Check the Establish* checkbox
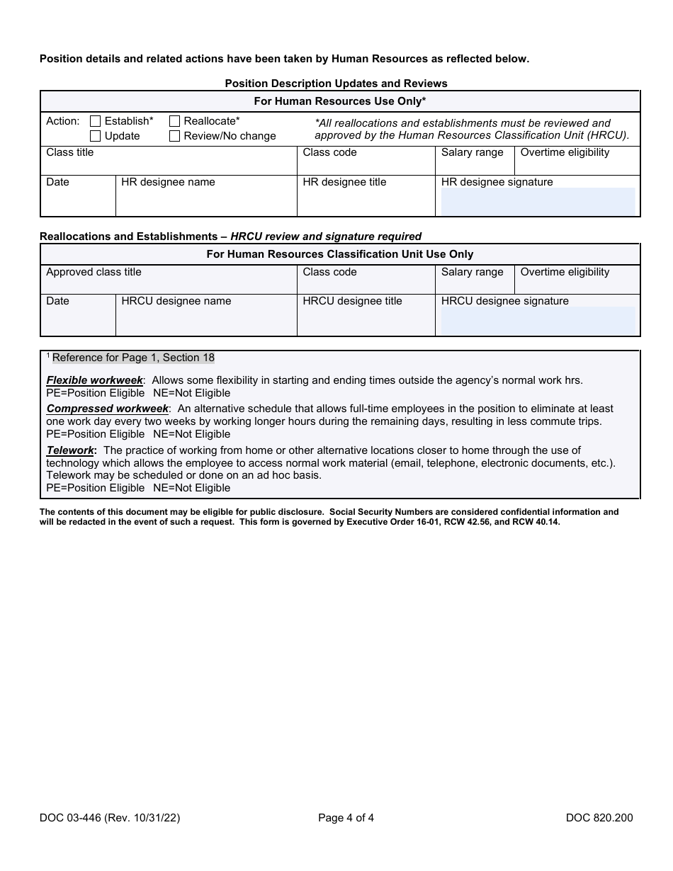pos(96,121)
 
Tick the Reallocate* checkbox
pos(174,121)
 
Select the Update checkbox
pos(96,136)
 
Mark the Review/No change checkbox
pos(174,136)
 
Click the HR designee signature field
pos(538,201)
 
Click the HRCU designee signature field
pos(538,321)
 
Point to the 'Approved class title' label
pos(94,272)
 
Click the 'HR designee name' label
pos(168,182)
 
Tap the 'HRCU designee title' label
pos(352,301)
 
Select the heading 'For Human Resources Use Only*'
pos(340,101)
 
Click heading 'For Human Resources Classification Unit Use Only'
pos(340,254)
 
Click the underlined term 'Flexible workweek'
pos(95,380)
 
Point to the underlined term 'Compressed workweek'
pos(108,409)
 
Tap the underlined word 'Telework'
pos(70,450)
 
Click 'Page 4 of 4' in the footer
pos(346,818)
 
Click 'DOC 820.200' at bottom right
pos(599,818)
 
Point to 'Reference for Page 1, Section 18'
pos(133,358)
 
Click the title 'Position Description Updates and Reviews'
pos(336,84)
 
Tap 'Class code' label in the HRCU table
pos(329,272)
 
